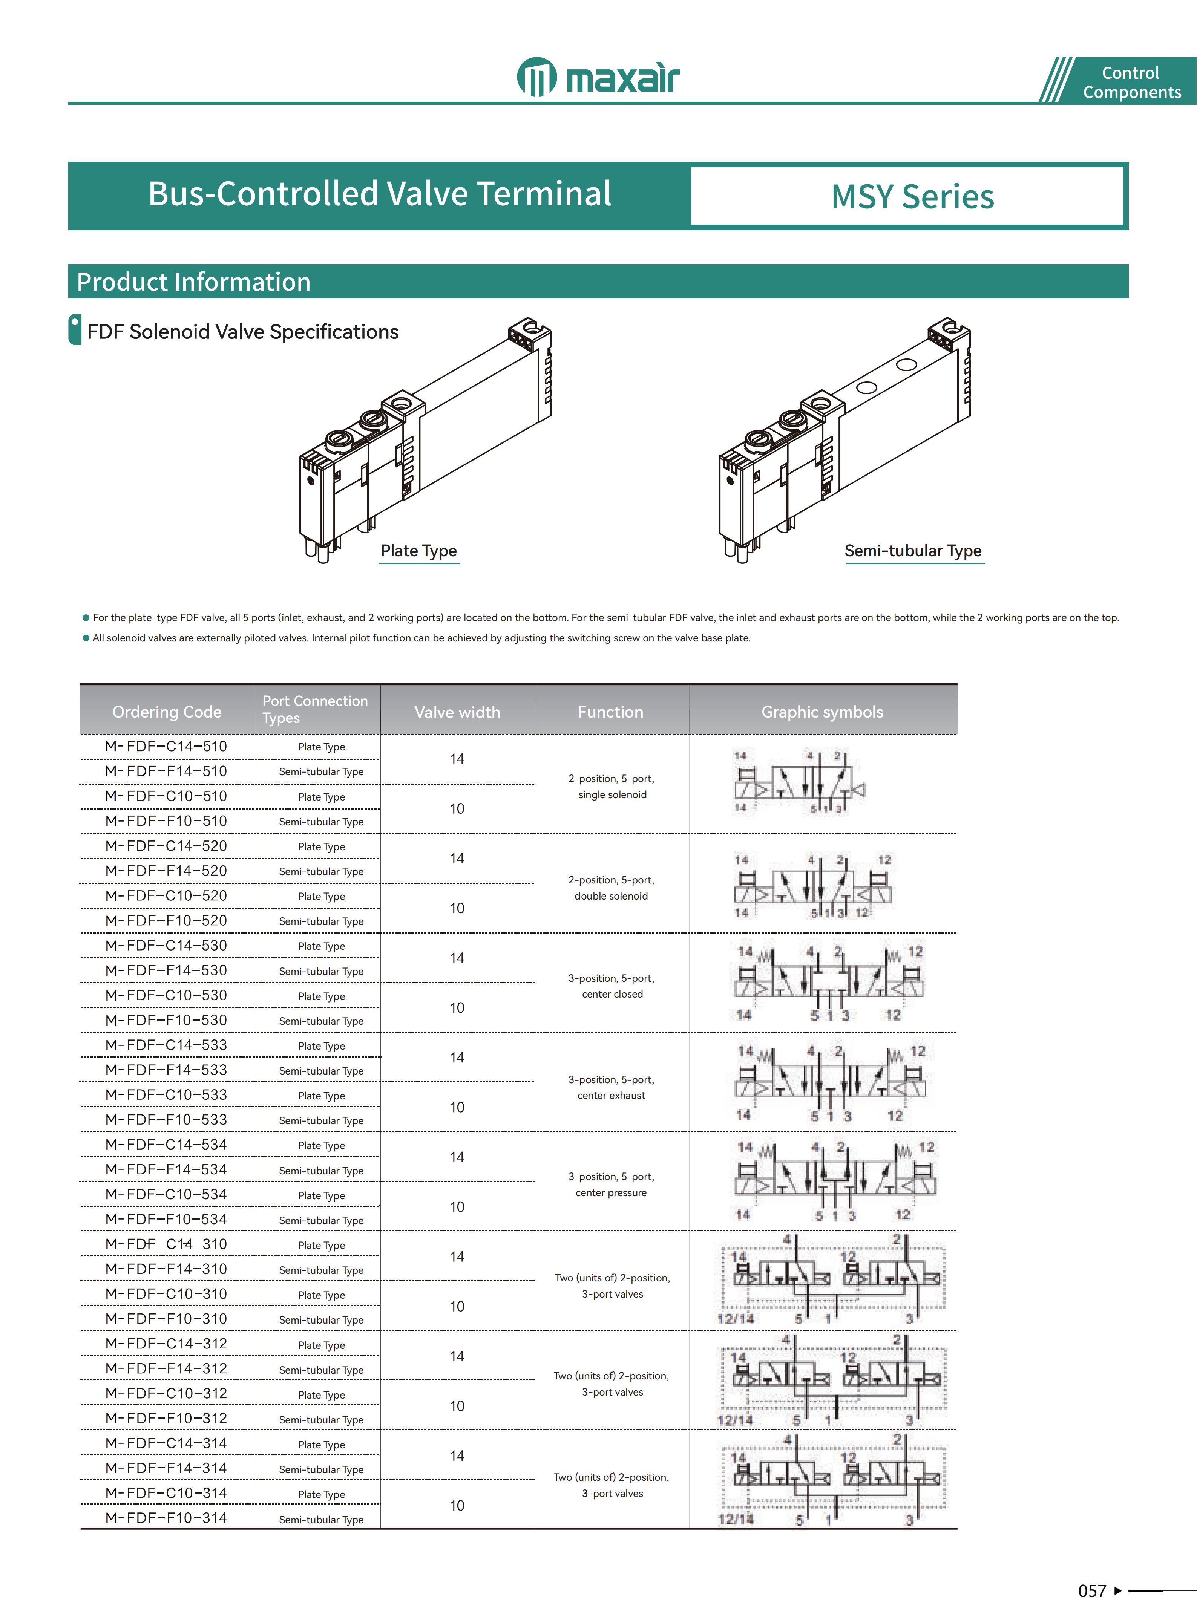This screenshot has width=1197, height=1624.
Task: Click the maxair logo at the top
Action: point(599,77)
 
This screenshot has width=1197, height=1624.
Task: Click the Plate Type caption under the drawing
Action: point(419,551)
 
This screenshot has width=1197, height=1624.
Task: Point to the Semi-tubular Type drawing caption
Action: point(913,551)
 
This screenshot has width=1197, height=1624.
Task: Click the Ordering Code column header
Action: point(167,711)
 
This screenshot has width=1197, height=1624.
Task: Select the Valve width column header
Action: point(457,711)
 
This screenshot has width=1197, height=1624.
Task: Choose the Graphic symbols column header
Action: point(822,711)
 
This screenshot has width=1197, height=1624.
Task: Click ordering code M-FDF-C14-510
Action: point(166,746)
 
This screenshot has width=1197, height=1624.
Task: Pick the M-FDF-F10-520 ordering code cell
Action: point(166,921)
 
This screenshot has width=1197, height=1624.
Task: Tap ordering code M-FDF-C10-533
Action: point(166,1094)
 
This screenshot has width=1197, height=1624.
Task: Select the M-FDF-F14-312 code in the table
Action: point(166,1368)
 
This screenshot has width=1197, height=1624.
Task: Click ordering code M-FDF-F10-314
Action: point(166,1517)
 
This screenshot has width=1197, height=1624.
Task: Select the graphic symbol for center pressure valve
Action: point(833,1181)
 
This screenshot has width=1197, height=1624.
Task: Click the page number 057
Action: point(1092,1591)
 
